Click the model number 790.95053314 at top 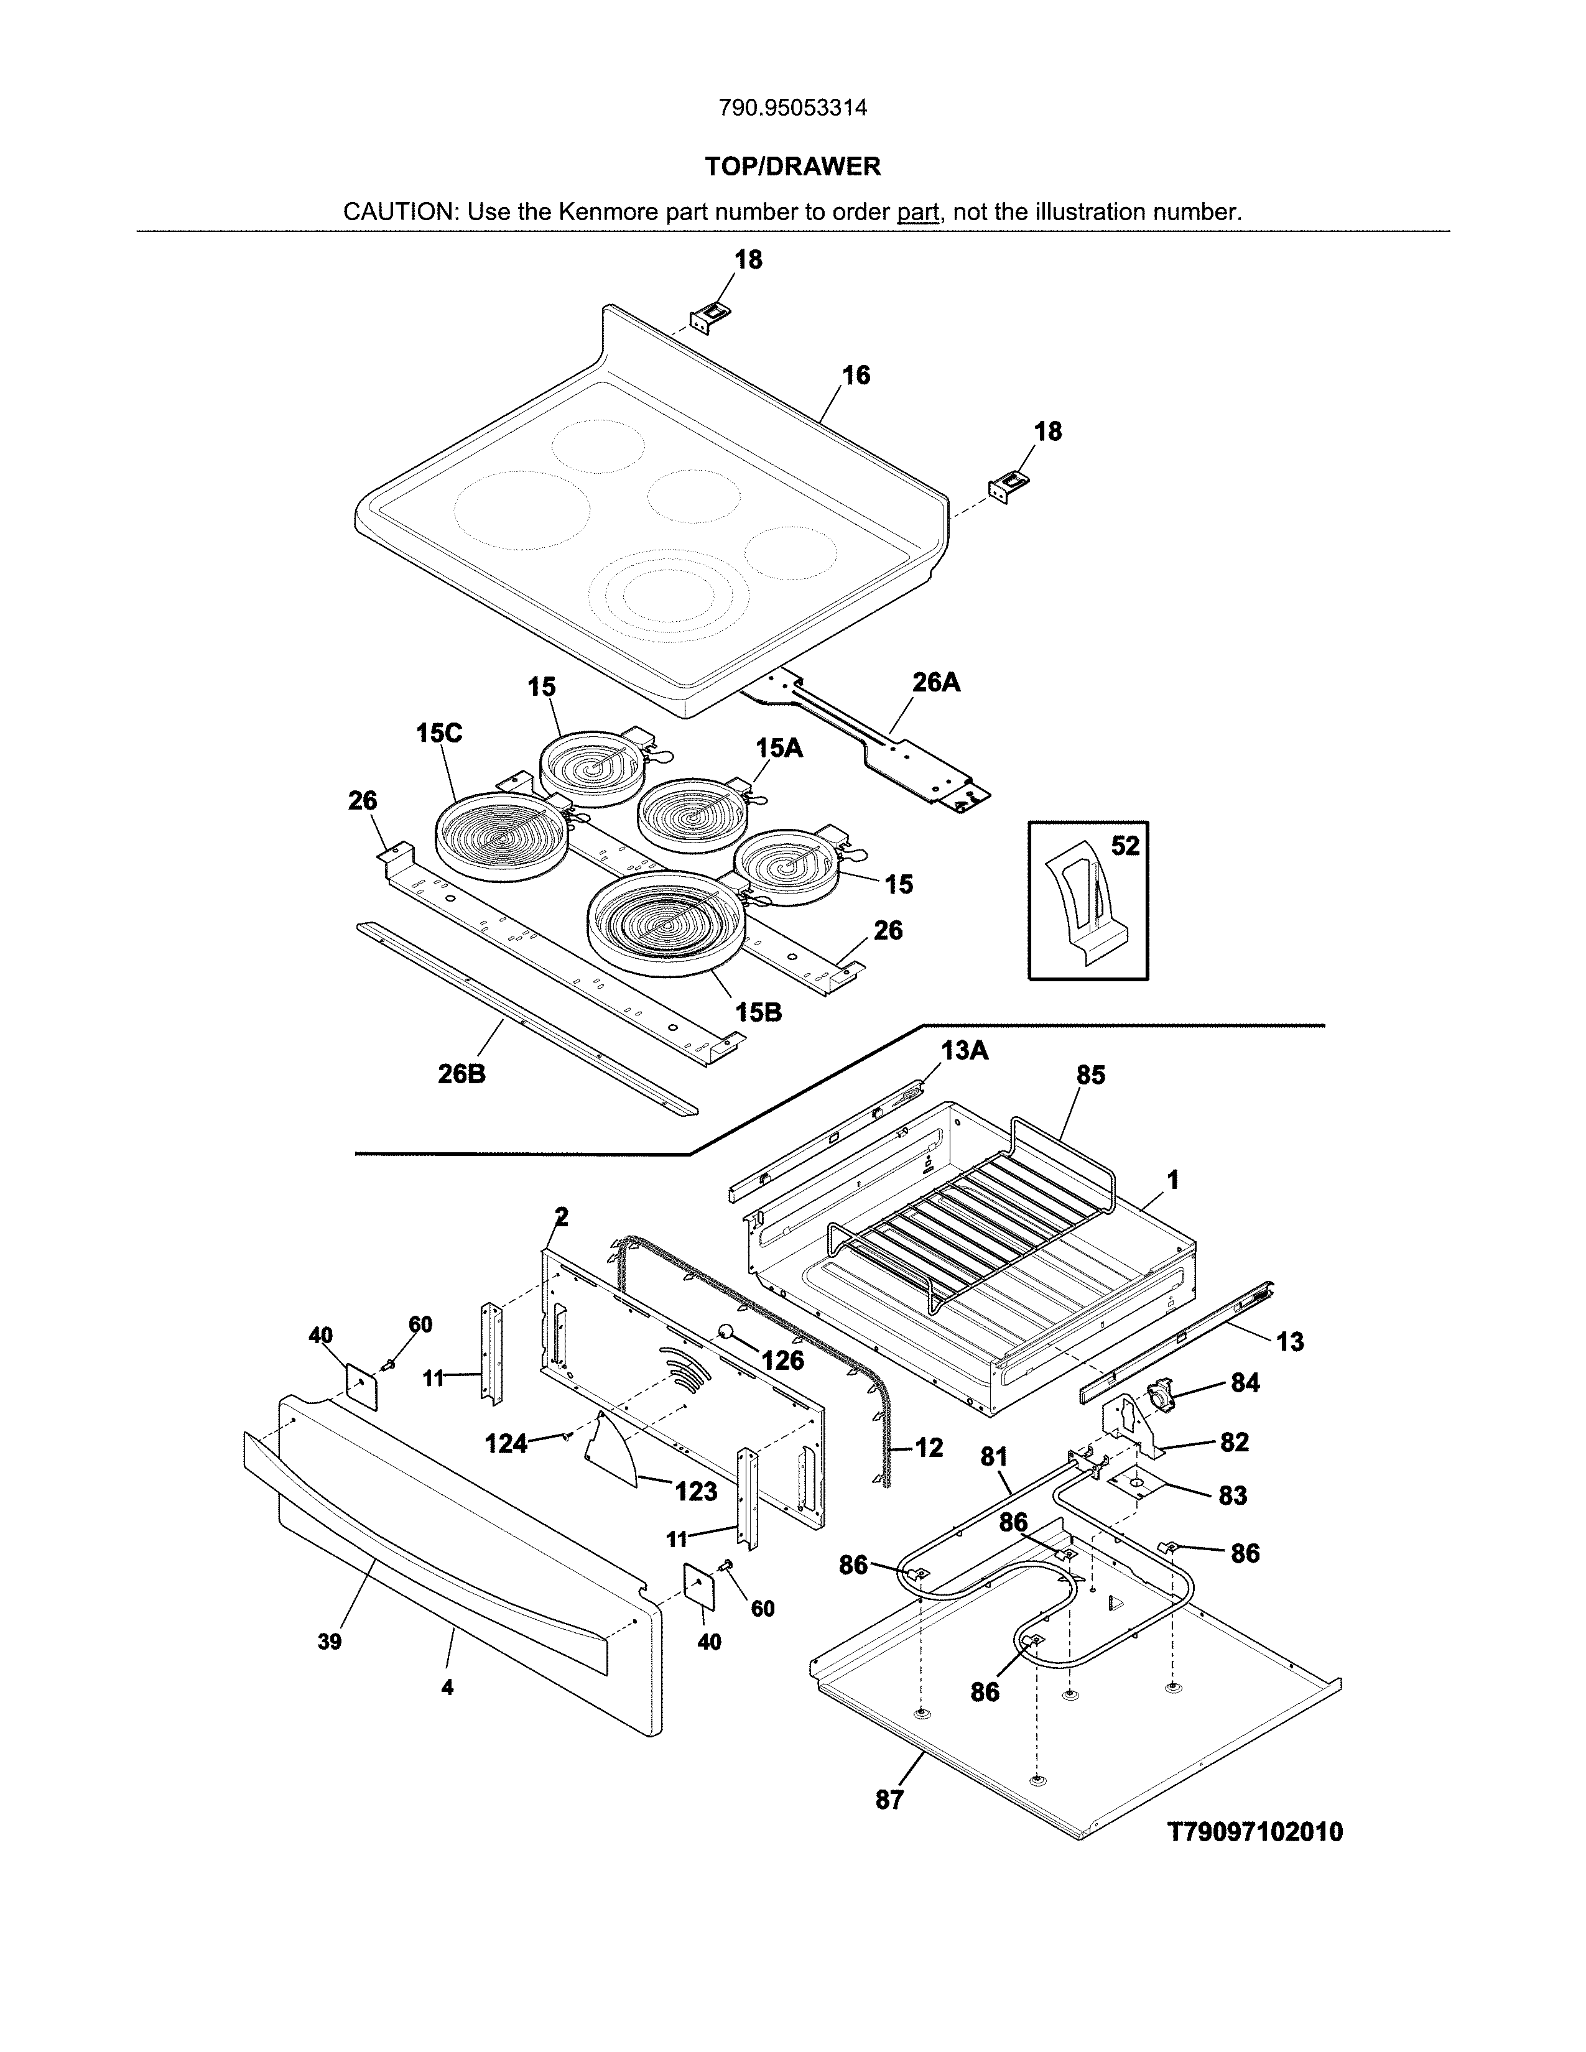792,108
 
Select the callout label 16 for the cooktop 855,376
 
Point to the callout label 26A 936,683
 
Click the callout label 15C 438,733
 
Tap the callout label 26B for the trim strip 461,1074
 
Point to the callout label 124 506,1443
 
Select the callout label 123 695,1491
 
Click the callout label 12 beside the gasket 929,1448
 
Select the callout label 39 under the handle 329,1642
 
